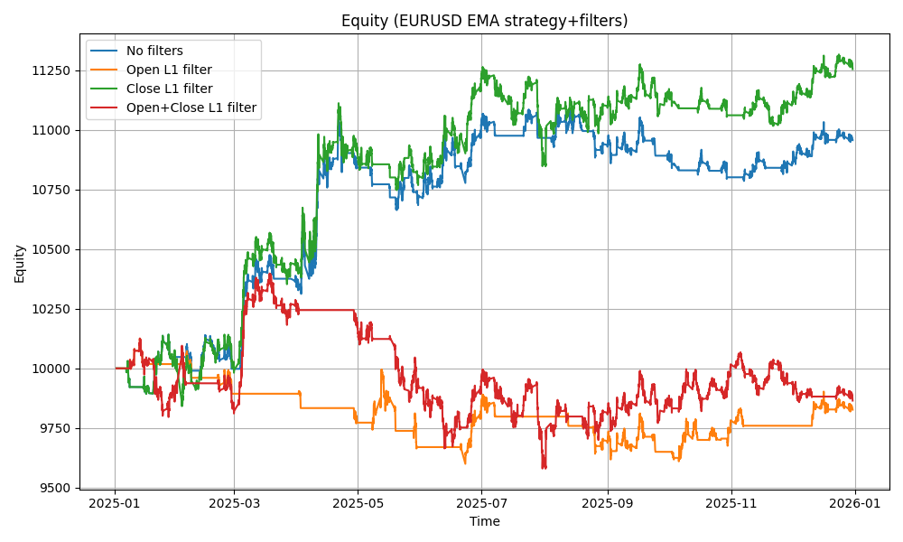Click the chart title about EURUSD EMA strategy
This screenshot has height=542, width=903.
[484, 21]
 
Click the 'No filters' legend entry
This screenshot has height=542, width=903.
[154, 51]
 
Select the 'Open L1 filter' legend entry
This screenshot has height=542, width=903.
[169, 70]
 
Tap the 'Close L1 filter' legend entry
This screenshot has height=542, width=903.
[169, 89]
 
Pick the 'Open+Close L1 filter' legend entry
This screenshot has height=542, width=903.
[191, 107]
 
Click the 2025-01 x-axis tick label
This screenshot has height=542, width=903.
[115, 503]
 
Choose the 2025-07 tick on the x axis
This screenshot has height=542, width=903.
[481, 503]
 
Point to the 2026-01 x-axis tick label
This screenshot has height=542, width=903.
[855, 503]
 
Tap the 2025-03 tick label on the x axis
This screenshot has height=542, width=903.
[234, 503]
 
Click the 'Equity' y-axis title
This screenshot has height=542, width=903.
[20, 263]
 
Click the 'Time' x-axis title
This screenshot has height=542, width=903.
[484, 521]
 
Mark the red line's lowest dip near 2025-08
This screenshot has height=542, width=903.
[544, 467]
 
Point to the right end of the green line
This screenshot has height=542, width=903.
[852, 66]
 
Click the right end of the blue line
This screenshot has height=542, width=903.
[852, 139]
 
